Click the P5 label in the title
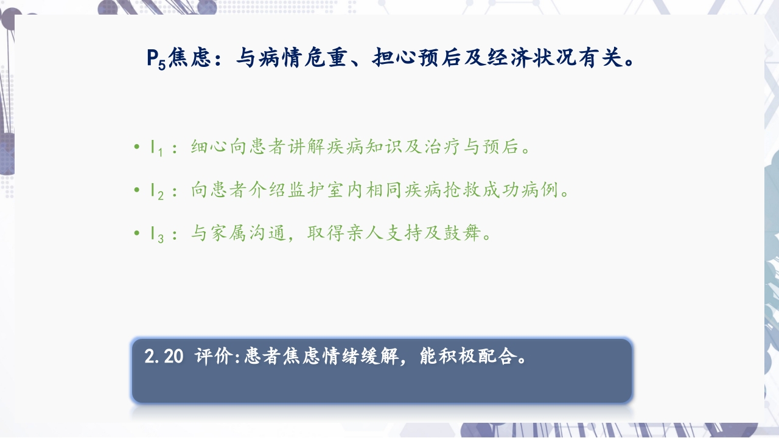pos(156,60)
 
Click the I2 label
pos(156,191)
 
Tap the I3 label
pos(156,234)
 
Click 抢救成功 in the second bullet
pos(482,190)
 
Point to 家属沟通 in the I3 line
pos(248,234)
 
